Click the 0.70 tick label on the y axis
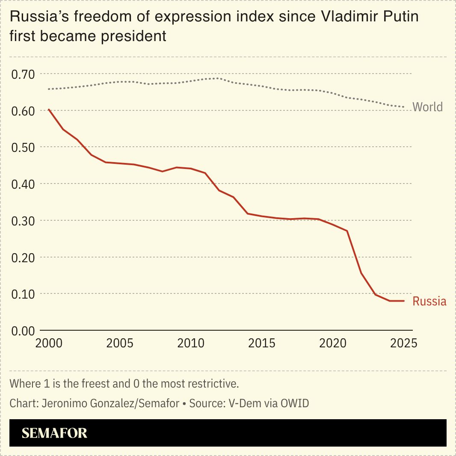click(x=22, y=74)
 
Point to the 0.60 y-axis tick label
click(x=22, y=111)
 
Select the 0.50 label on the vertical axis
click(x=22, y=147)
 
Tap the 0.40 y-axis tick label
click(x=22, y=184)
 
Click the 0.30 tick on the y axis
click(x=22, y=221)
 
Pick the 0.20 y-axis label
click(x=22, y=258)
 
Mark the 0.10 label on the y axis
click(x=22, y=294)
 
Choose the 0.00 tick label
click(x=22, y=331)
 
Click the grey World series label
click(x=427, y=107)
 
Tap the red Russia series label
click(x=429, y=302)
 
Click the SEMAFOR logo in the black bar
click(x=54, y=433)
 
